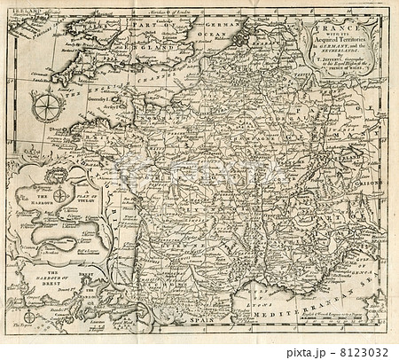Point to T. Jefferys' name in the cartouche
[342, 67]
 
